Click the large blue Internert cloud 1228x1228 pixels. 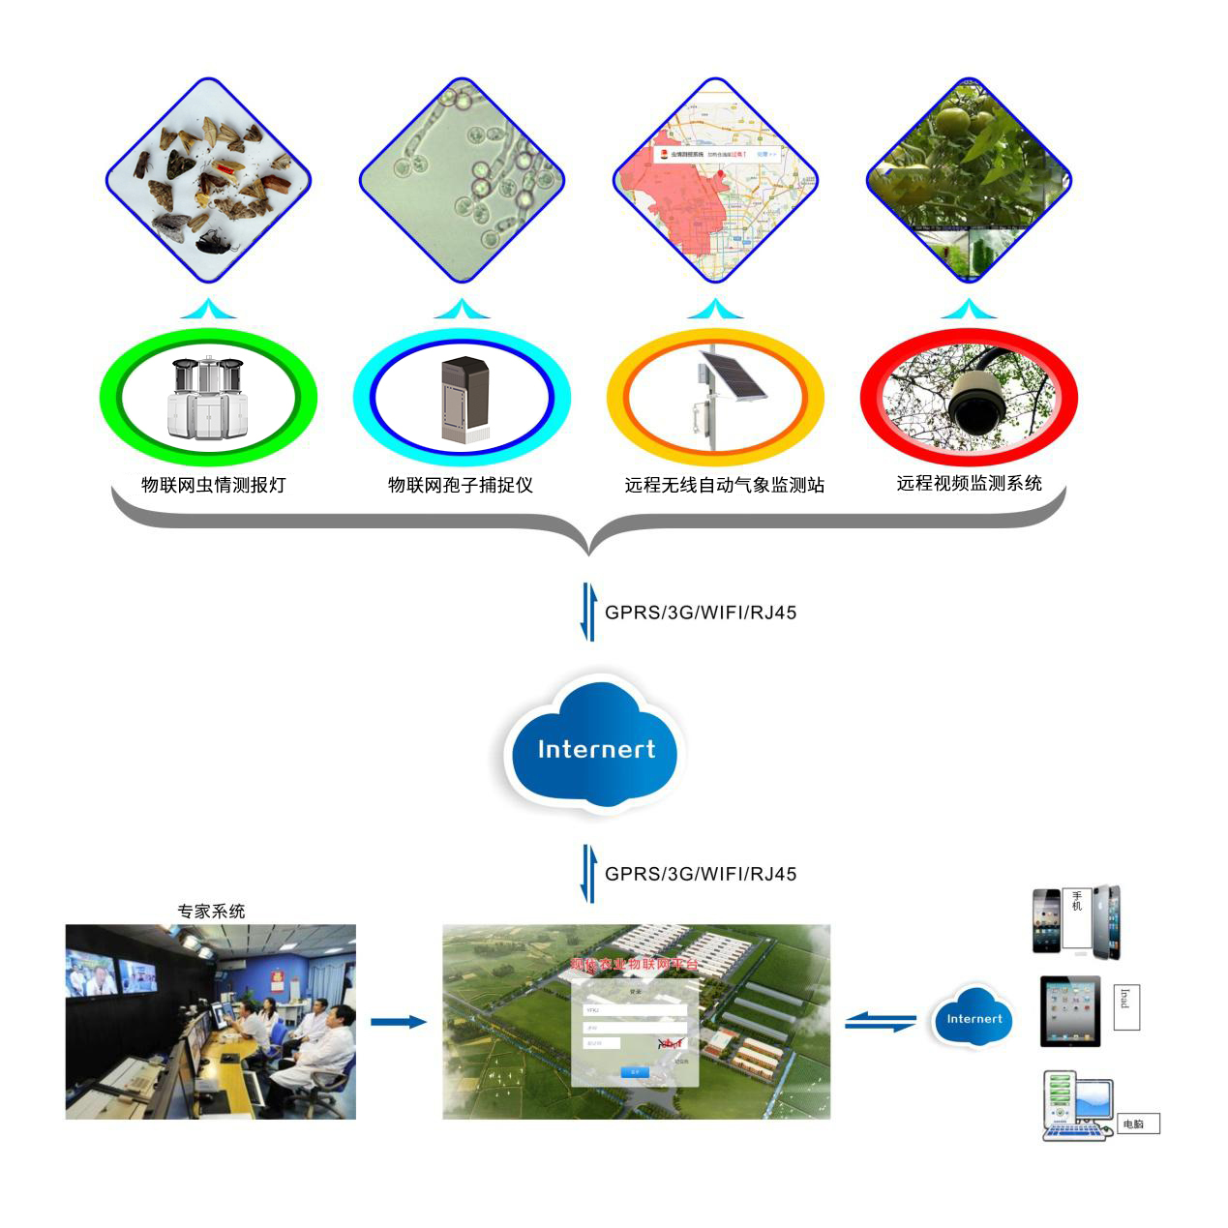[x=595, y=747]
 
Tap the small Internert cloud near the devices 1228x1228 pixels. [x=973, y=1018]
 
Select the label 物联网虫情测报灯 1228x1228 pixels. [x=214, y=485]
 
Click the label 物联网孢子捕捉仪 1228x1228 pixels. [x=461, y=485]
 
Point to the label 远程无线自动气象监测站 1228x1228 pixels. [x=724, y=485]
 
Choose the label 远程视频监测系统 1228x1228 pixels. [x=969, y=483]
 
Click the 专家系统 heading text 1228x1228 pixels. [x=211, y=911]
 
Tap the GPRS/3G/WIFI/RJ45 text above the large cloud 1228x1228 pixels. [x=701, y=613]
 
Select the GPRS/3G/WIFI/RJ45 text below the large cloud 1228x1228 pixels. [x=701, y=874]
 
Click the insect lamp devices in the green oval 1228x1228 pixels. [x=208, y=398]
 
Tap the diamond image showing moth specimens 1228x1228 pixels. [x=208, y=181]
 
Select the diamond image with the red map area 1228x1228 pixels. [x=715, y=181]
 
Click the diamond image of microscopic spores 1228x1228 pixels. [x=462, y=181]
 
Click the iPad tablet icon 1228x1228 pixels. [x=1069, y=1010]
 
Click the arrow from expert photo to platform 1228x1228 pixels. [x=398, y=1022]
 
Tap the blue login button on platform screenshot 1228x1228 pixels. [x=635, y=1071]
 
